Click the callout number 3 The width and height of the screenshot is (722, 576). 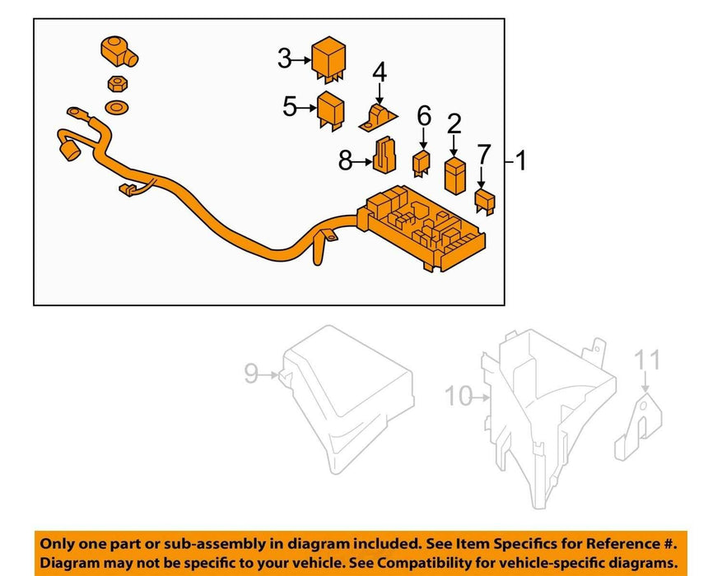pos(285,58)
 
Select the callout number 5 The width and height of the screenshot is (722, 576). pos(290,106)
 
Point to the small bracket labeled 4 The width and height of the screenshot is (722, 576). pos(378,118)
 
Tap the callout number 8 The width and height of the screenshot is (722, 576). pos(346,160)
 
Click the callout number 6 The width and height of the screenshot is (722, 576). pos(423,116)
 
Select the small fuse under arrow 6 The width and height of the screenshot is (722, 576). pos(422,161)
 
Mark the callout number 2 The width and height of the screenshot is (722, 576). pos(454,124)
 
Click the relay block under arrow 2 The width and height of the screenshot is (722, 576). pos(454,174)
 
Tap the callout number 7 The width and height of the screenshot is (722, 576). pos(483,153)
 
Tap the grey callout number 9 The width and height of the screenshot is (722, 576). pos(251,375)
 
